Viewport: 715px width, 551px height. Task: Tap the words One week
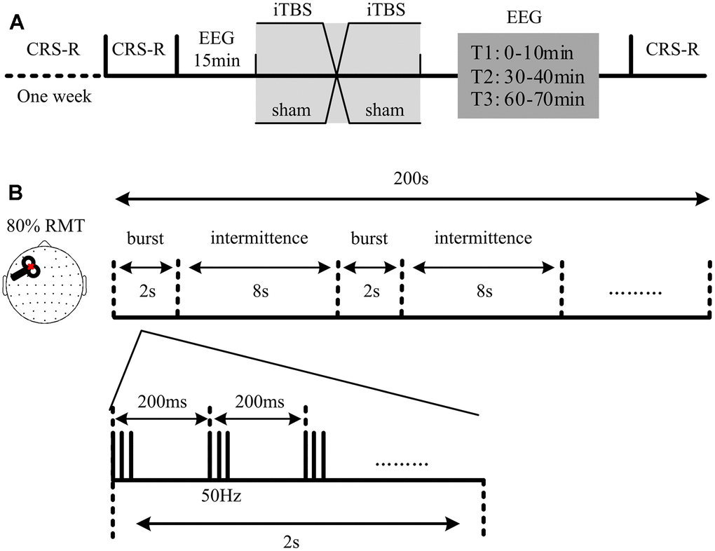click(54, 96)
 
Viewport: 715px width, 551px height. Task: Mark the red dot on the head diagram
click(32, 266)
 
